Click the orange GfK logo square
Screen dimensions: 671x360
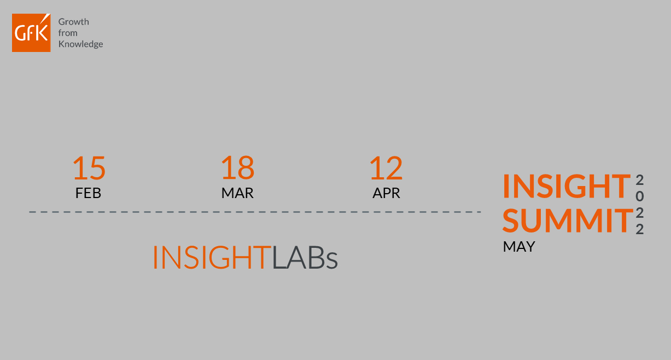click(31, 33)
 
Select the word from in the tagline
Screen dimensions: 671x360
click(68, 33)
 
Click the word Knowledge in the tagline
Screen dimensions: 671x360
click(80, 44)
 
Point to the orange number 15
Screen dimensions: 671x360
click(89, 168)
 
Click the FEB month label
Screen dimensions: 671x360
click(88, 193)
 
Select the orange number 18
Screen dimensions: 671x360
click(238, 167)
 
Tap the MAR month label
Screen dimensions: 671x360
click(237, 193)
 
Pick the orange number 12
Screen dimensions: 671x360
click(386, 168)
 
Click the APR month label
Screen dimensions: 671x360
click(386, 193)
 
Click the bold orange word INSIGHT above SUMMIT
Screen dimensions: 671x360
click(567, 187)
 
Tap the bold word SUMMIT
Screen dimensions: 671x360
click(568, 221)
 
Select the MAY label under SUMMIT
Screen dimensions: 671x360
click(519, 247)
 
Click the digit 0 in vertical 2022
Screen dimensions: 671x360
click(639, 196)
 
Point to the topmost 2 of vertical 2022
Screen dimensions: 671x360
click(639, 180)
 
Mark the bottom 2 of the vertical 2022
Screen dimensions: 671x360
click(639, 229)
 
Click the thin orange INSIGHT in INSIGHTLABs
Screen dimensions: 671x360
click(212, 258)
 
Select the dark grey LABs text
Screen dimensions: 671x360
click(305, 258)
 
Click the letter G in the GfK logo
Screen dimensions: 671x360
click(20, 33)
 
